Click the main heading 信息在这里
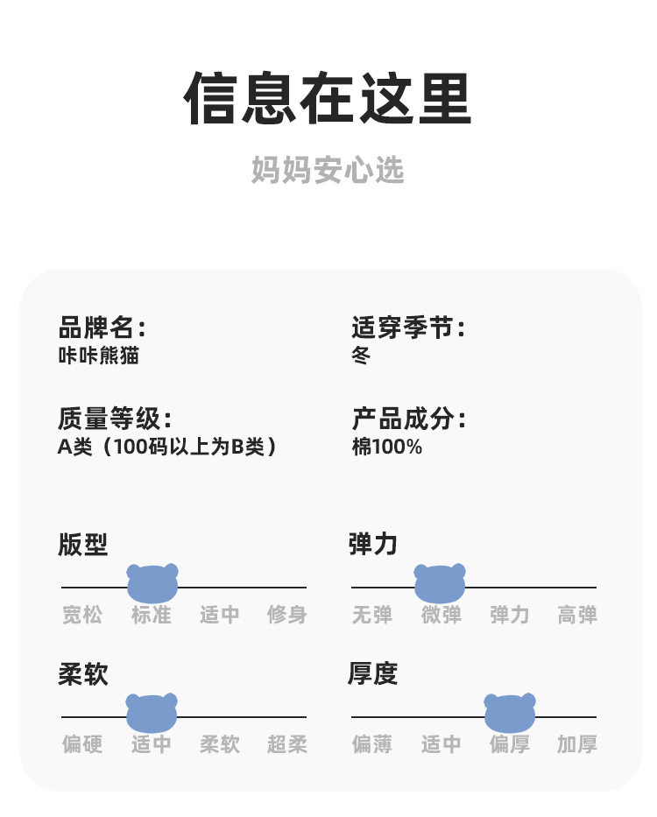point(328,99)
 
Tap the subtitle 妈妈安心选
point(328,170)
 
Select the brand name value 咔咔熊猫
point(98,356)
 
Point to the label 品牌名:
point(102,328)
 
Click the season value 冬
point(361,356)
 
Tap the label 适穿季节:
point(408,328)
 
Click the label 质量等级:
point(115,419)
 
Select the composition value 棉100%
point(386,447)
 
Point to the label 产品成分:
point(408,419)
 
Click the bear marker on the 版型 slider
point(152,583)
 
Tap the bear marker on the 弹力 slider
point(440,583)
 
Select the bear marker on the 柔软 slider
point(152,713)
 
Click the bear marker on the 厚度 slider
point(510,713)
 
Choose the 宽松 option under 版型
point(82,615)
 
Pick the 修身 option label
point(287,615)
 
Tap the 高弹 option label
point(577,615)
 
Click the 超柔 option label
point(287,744)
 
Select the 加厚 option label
point(577,744)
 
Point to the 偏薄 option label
point(372,744)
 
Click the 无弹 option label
point(372,615)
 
